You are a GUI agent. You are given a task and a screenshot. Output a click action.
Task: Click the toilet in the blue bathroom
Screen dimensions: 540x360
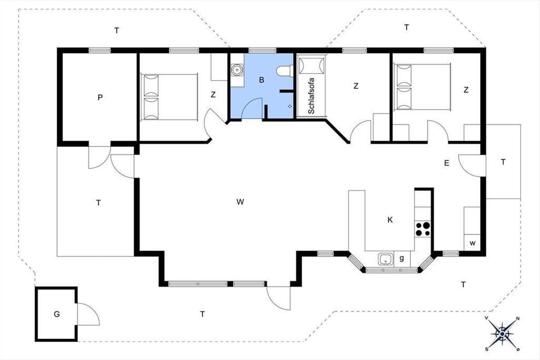click(285, 71)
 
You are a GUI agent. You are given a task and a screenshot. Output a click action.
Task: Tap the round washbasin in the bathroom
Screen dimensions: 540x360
click(237, 70)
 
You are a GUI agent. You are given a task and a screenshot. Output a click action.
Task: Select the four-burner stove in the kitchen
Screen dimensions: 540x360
click(423, 229)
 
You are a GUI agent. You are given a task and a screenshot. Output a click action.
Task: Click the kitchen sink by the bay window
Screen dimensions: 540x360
click(386, 259)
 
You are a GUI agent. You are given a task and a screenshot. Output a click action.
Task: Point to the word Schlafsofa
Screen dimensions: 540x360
click(311, 96)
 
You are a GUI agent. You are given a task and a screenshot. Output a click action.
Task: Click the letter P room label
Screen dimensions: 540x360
click(100, 97)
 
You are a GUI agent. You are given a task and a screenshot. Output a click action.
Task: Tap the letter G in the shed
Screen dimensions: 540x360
click(57, 314)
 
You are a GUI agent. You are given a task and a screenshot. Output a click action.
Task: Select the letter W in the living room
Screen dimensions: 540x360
click(240, 202)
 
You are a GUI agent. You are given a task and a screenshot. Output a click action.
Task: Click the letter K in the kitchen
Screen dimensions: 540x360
click(390, 220)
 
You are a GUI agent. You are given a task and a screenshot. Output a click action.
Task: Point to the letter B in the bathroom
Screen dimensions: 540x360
click(261, 80)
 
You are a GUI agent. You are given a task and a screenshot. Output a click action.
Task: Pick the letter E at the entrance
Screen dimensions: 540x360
click(447, 163)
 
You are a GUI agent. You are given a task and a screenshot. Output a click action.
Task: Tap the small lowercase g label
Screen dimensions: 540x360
click(401, 258)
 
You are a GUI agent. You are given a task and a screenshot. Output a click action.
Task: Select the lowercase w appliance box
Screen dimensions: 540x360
click(472, 243)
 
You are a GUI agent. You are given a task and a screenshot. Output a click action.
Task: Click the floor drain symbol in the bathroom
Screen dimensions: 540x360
click(290, 106)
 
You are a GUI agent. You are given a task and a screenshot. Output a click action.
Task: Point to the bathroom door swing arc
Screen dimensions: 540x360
click(248, 103)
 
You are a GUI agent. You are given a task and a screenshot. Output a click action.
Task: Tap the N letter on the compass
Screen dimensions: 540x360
click(517, 319)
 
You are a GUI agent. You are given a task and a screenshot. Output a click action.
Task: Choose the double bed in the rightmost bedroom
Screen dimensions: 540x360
click(422, 87)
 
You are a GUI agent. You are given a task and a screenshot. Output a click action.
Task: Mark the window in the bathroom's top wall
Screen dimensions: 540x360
click(262, 50)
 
